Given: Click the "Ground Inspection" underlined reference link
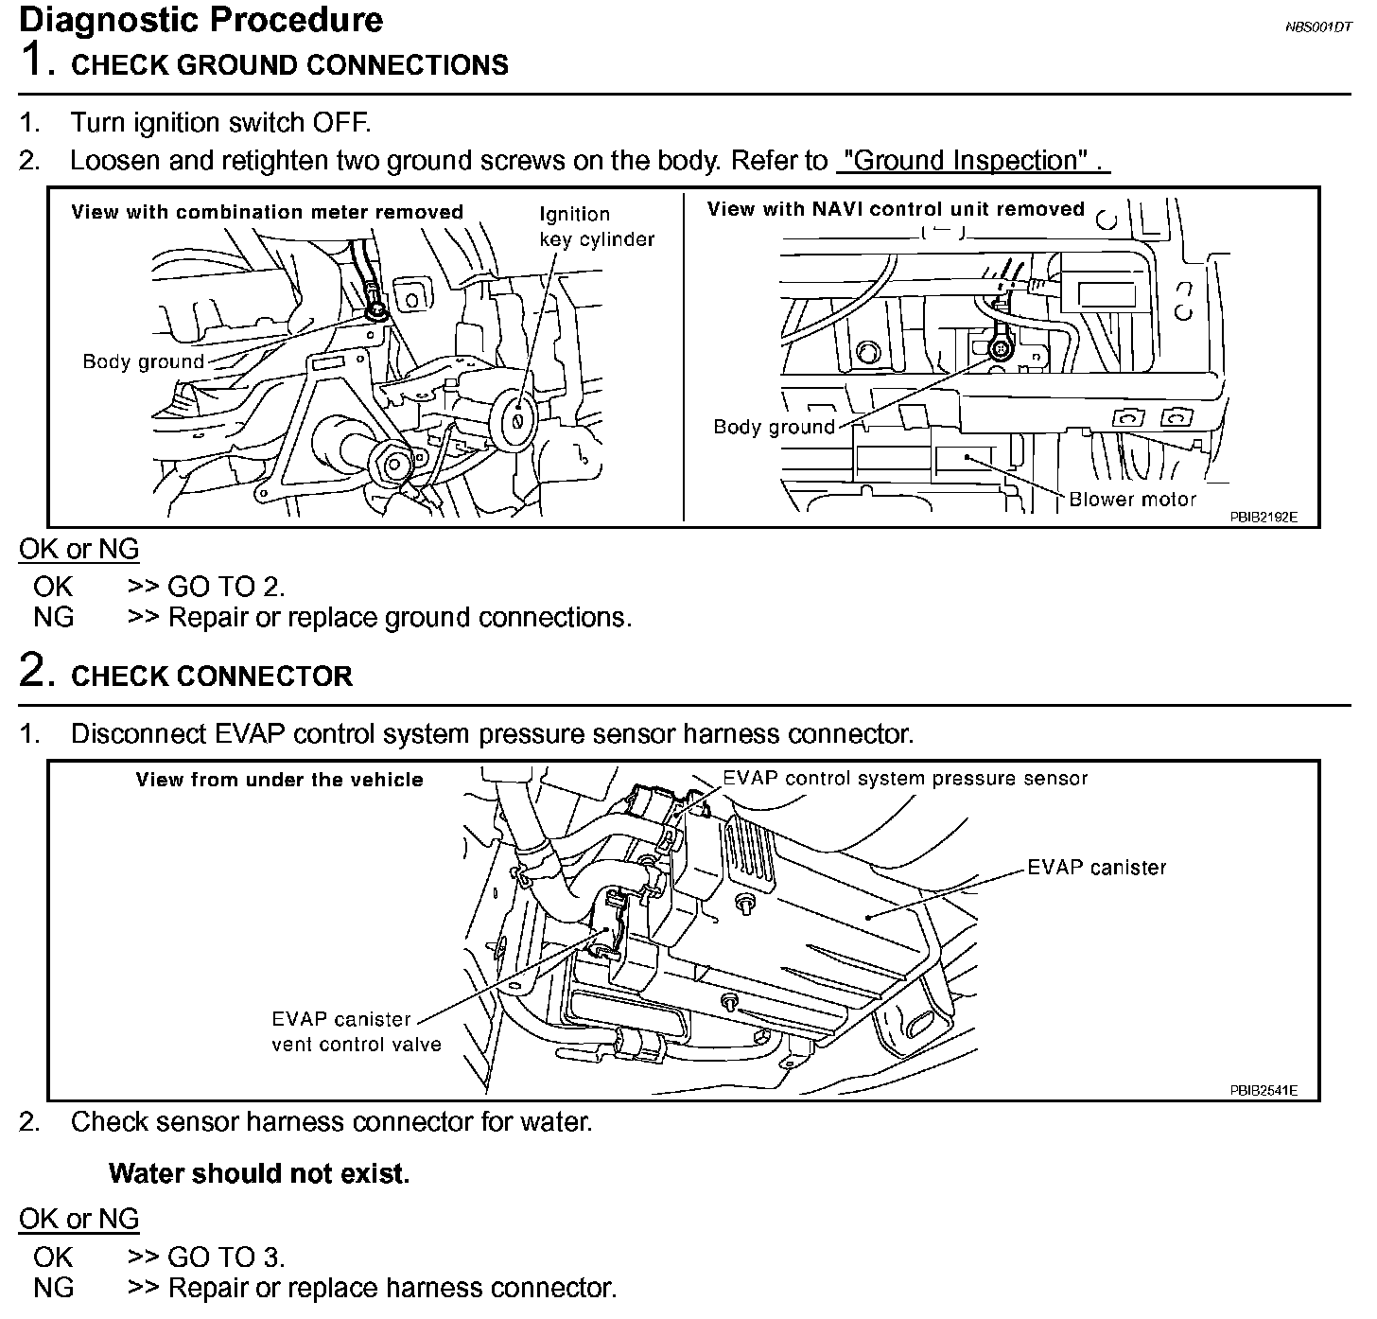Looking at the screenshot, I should click(972, 161).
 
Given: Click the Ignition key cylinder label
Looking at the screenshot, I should click(597, 227).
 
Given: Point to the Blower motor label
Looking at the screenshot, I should click(1132, 500).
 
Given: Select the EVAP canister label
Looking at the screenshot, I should click(1097, 868).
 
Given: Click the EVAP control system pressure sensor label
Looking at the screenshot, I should click(905, 779).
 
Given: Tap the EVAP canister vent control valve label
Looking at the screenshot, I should click(356, 1032).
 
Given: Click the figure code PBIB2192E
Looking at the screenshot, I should click(1264, 518).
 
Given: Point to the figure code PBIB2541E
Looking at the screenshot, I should click(1264, 1091).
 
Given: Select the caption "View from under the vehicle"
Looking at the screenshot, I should click(279, 781).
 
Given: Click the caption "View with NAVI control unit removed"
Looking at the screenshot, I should click(895, 209).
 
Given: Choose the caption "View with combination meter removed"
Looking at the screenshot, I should click(267, 212).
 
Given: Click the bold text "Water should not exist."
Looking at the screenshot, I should click(259, 1174).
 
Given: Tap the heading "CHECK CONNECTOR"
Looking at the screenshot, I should click(212, 677).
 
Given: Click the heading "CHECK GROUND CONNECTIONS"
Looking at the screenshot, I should click(289, 65).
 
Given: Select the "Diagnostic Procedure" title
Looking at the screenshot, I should click(201, 21).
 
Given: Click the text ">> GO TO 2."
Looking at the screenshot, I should click(206, 588).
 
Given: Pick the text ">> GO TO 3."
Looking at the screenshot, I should click(206, 1257).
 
